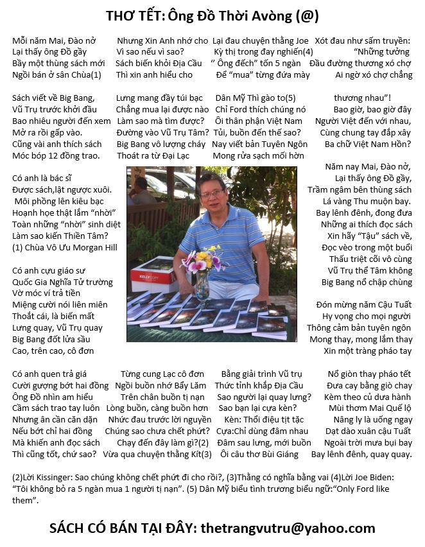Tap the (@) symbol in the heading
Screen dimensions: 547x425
(306, 15)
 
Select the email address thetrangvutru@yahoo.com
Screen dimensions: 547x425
(288, 528)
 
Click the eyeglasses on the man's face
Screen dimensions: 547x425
(212, 192)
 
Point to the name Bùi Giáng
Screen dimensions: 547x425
(279, 454)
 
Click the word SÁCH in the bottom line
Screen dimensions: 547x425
(70, 528)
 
